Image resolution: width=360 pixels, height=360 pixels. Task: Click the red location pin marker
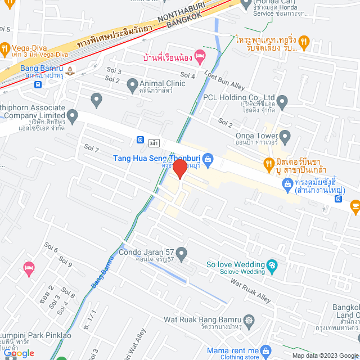coord(179,168)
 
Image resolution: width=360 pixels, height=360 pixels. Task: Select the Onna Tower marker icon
coord(285,136)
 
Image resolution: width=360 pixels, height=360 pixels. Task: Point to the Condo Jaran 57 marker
coord(181,256)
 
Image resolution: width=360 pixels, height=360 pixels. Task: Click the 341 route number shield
coord(154,143)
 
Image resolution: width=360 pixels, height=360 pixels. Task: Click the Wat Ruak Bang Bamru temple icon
coord(249,319)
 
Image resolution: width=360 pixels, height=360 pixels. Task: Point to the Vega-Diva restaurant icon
coord(6,48)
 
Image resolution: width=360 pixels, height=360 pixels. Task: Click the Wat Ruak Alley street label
coord(250,291)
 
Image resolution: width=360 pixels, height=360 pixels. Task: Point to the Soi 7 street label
coord(91,148)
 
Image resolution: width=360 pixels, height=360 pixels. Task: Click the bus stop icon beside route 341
coord(139,139)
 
